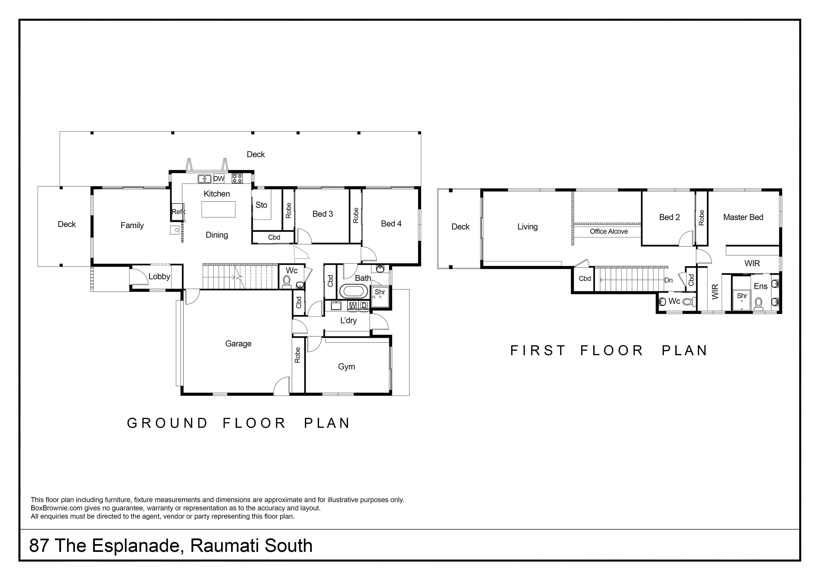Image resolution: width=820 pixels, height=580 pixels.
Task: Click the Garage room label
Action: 238,344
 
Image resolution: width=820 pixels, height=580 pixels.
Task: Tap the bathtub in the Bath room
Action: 353,291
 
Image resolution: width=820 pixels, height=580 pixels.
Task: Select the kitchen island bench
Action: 218,209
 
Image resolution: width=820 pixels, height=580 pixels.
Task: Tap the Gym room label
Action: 346,367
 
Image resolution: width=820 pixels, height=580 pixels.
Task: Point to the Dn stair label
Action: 668,280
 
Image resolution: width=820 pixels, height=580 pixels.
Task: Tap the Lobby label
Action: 159,276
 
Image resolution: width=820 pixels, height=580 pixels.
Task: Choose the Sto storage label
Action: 261,205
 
